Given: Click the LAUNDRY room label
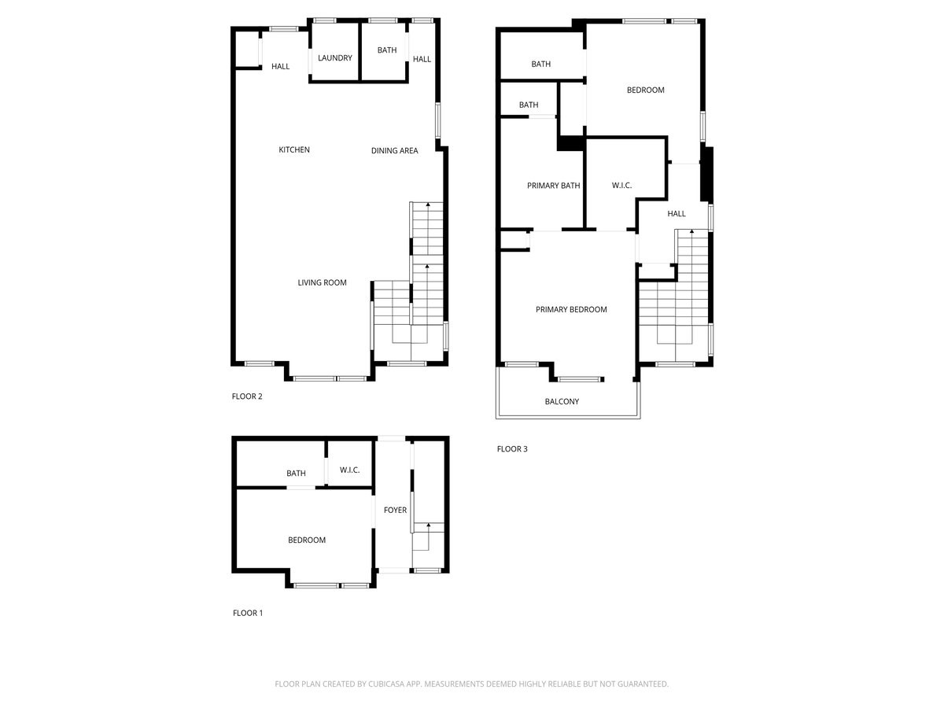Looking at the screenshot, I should [x=335, y=58].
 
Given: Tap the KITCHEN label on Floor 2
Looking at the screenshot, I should [x=294, y=150].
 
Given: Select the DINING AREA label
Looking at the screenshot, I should [x=394, y=151].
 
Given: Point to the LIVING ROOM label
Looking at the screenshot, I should [x=322, y=283].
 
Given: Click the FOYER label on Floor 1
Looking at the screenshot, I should [x=395, y=511].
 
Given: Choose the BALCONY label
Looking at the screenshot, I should [x=562, y=402].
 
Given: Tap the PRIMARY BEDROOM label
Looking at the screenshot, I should [x=571, y=310].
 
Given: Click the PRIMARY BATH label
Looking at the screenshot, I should [x=553, y=186].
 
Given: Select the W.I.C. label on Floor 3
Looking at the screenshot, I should [x=621, y=186].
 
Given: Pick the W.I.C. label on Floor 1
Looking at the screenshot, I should [x=349, y=470].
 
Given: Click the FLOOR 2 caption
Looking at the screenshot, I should [x=247, y=396].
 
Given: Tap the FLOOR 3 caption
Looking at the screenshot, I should [x=512, y=449].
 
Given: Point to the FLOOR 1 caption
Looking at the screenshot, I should [x=248, y=613].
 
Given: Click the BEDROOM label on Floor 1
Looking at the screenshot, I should [x=306, y=540].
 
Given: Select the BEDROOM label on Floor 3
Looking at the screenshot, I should [x=645, y=90].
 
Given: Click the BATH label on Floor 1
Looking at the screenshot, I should [x=296, y=474].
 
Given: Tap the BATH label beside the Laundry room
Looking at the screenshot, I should [x=387, y=51].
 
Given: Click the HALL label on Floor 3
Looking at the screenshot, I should [x=677, y=214].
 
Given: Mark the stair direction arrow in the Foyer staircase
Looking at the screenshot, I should [x=428, y=525].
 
